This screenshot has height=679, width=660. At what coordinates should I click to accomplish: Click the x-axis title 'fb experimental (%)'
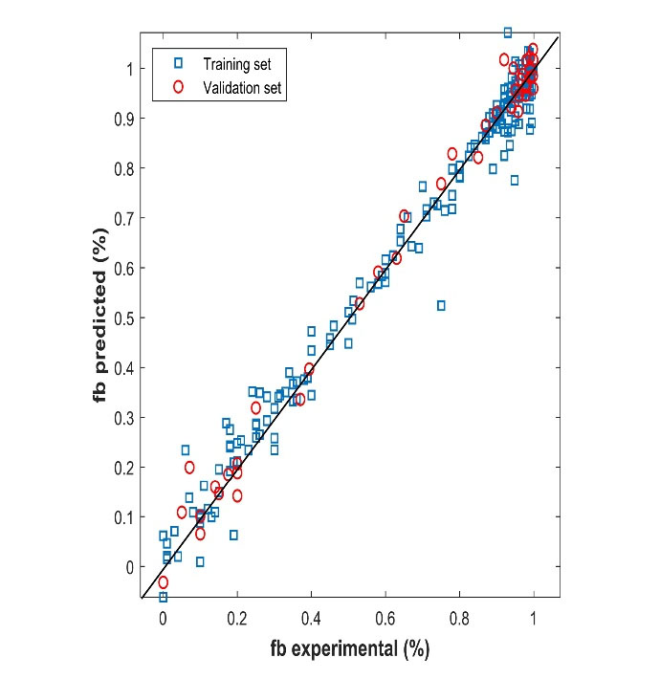click(x=348, y=649)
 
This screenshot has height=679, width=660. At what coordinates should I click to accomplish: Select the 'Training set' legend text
click(x=236, y=64)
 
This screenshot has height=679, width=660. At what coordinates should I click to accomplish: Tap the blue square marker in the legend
click(x=178, y=64)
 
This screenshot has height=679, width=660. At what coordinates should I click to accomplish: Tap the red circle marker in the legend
click(x=178, y=87)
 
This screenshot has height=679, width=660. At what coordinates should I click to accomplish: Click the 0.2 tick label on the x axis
click(x=237, y=619)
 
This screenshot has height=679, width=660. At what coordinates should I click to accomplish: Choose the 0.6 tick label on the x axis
click(x=385, y=619)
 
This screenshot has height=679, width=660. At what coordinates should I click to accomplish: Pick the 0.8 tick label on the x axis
click(x=459, y=619)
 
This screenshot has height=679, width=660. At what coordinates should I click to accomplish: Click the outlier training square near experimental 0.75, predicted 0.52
click(x=441, y=305)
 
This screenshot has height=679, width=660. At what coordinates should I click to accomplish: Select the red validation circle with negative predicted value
click(x=164, y=581)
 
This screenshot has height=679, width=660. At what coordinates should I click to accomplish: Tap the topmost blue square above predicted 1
click(x=508, y=33)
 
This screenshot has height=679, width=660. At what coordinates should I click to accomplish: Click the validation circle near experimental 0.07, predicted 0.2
click(x=189, y=468)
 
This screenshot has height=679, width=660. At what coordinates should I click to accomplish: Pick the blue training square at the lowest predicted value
click(x=164, y=597)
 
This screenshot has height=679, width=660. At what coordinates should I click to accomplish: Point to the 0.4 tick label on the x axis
click(x=311, y=619)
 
